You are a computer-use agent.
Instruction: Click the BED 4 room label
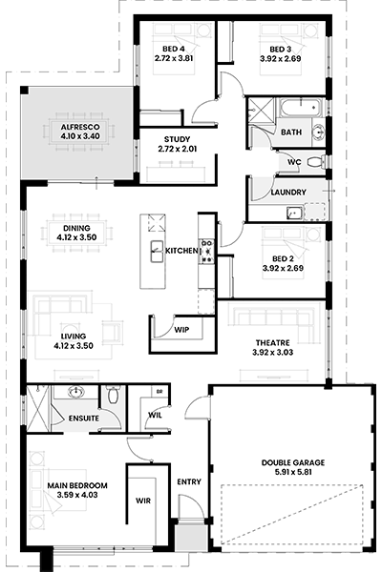point(174,49)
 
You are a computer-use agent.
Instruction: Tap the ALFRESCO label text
point(80,128)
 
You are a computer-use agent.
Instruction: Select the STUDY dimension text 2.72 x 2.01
point(178,149)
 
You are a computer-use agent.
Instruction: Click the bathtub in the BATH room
point(301,108)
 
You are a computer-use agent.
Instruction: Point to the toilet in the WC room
point(316,162)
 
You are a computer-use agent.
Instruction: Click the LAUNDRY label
point(288,193)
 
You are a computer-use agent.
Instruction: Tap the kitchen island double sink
point(158,252)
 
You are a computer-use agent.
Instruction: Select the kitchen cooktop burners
point(207,251)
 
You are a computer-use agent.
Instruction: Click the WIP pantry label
point(181,330)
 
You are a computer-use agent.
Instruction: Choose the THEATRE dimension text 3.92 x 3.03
point(273,353)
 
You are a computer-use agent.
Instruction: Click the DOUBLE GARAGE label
point(293,463)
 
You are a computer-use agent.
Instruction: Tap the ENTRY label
point(189,481)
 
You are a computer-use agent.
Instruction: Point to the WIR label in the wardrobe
point(143,500)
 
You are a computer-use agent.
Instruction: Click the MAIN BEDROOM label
point(77,485)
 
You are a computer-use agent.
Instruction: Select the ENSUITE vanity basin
point(76,393)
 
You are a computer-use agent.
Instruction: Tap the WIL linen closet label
point(155,415)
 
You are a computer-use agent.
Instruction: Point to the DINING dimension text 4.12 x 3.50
point(76,237)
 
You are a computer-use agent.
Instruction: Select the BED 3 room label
point(281,50)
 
